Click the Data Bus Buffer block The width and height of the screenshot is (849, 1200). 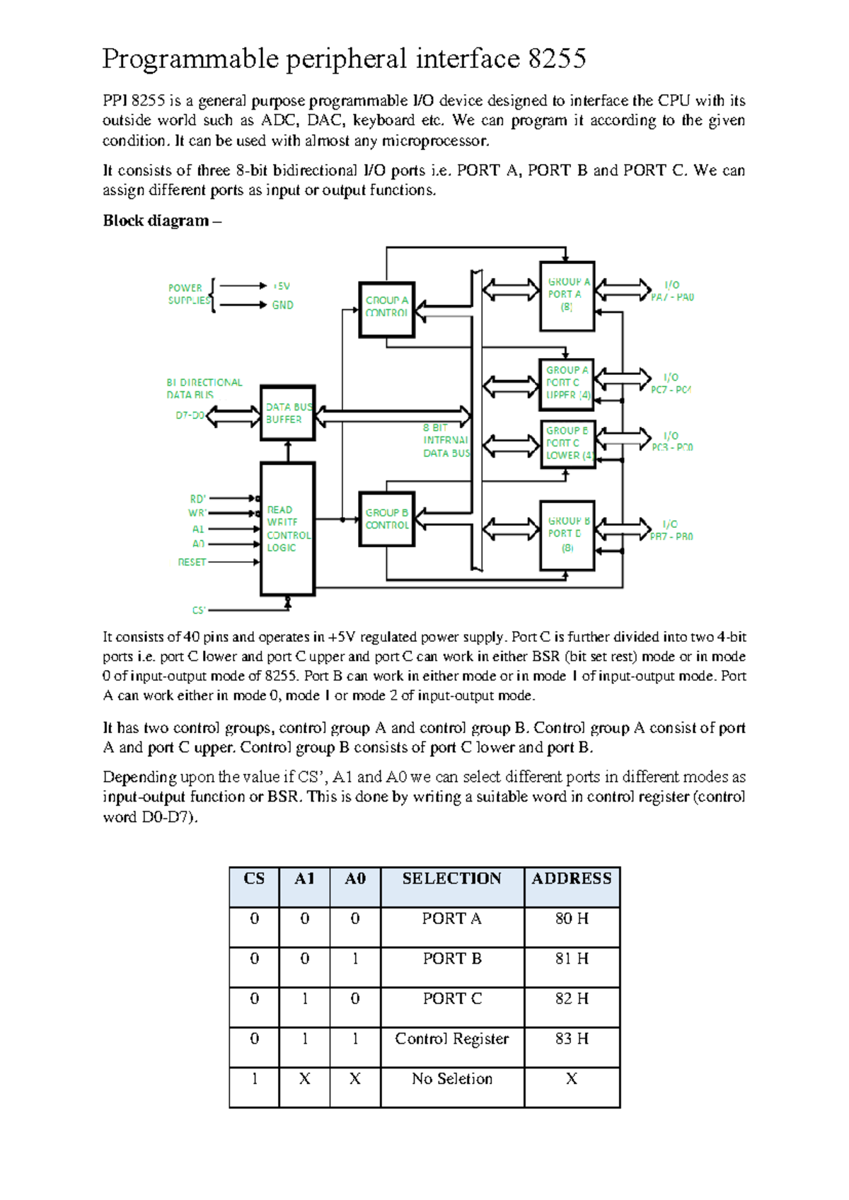[x=287, y=413]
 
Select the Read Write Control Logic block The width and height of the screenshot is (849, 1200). [x=287, y=529]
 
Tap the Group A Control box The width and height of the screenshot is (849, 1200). [x=386, y=309]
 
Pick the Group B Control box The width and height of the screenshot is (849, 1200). [x=386, y=519]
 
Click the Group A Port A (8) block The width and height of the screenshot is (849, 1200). [x=567, y=295]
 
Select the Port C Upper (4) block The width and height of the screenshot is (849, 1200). [x=567, y=383]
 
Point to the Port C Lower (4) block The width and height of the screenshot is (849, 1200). [x=567, y=443]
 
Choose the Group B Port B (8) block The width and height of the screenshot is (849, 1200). [x=567, y=534]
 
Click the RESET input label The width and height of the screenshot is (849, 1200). [x=192, y=562]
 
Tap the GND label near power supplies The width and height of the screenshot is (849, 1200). [x=282, y=305]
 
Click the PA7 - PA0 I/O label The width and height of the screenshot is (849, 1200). [x=672, y=292]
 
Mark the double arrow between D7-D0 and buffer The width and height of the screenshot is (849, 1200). [x=233, y=416]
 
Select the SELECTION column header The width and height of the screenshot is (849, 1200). [x=452, y=879]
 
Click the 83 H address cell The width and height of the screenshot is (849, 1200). [x=572, y=1039]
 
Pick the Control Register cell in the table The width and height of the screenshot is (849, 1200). [x=452, y=1039]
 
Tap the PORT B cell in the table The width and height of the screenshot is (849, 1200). [x=452, y=959]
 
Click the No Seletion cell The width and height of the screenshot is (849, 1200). [x=452, y=1079]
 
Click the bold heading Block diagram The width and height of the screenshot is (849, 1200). [x=156, y=221]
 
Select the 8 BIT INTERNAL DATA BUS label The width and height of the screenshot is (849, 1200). [x=446, y=440]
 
